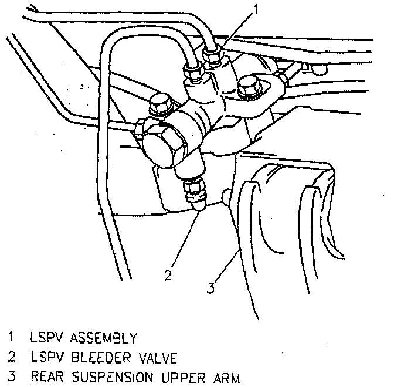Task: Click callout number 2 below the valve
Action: coord(168,274)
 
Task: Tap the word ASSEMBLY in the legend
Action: coord(103,338)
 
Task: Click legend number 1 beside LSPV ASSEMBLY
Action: coord(11,338)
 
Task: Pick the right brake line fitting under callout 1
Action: coord(213,56)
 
